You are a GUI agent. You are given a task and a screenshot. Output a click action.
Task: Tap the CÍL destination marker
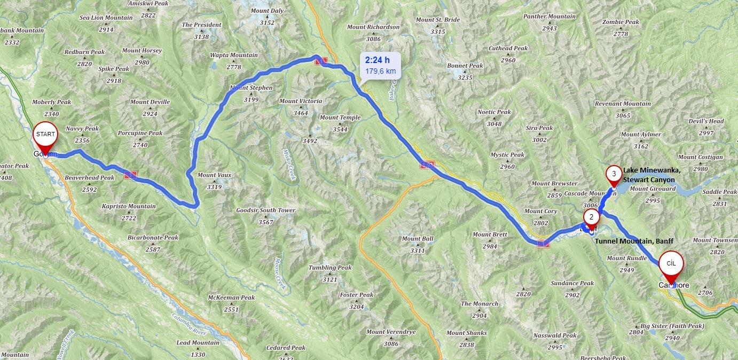coord(671,263)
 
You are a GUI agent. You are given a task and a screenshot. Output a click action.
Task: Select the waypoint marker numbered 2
coord(591,217)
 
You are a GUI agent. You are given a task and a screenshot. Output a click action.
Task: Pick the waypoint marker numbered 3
coord(614,174)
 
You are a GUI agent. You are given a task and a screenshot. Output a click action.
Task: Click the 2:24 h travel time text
coord(378,60)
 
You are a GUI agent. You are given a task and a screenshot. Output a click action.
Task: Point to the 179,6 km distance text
coord(380,71)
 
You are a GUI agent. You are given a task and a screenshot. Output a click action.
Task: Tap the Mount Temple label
coord(340,118)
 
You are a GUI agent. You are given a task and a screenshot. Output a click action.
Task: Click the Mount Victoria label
coord(301,101)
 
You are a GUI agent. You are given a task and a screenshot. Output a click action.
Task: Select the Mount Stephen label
coord(251,88)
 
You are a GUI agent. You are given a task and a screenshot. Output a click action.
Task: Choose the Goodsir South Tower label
coord(265,210)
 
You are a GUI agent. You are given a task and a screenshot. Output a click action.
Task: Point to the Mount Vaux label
coord(214,175)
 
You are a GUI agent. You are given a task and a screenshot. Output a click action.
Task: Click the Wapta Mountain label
coord(233,55)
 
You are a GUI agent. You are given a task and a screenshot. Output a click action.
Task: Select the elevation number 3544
coord(340,129)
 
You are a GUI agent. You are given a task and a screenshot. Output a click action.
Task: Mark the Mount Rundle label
coord(627,259)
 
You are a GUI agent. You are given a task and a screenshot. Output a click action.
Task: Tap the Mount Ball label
coord(418,239)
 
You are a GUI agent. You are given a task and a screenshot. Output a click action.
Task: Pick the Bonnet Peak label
coord(465,66)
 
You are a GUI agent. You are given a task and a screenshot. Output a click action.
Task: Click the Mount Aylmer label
coord(641,135)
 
